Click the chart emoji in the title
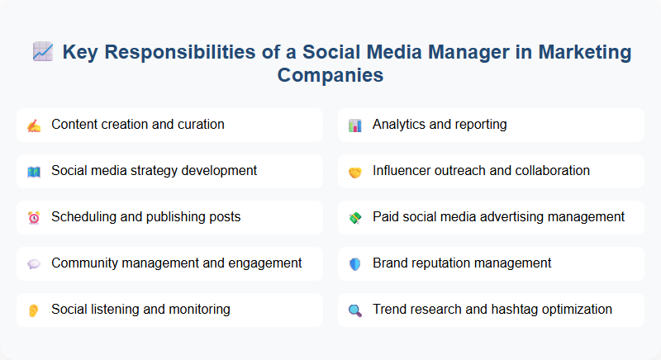point(42,53)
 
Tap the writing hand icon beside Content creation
point(33,125)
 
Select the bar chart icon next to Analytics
point(354,125)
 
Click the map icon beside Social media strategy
point(33,171)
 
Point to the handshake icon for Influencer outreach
point(354,171)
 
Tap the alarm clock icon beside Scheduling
point(33,217)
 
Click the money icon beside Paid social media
point(354,217)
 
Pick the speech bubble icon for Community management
point(33,263)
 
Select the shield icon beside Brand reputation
point(354,263)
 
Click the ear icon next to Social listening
point(33,310)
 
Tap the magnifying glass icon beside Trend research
point(354,310)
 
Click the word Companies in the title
point(330,75)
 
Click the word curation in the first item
point(197,125)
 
